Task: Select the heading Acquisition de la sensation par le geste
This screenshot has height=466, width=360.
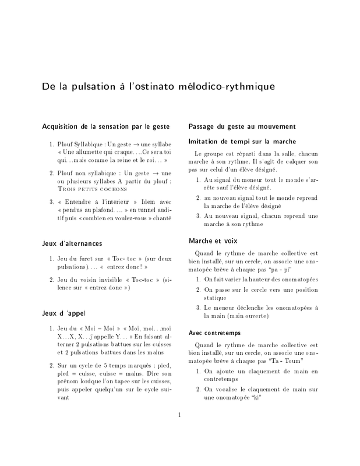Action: tap(105, 126)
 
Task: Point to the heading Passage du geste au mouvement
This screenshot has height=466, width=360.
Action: tap(243, 126)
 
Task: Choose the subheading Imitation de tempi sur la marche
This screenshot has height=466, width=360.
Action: tap(243, 141)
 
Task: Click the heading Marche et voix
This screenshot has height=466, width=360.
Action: tap(213, 240)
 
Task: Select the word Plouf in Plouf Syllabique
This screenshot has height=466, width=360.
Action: tap(66, 143)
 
